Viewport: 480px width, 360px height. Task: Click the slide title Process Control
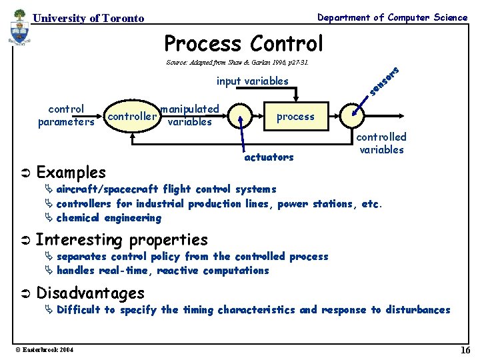243,43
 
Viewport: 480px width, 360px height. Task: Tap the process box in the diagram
295,117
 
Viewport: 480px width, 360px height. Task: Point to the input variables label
253,81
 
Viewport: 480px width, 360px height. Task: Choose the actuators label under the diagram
269,157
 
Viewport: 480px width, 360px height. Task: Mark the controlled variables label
381,143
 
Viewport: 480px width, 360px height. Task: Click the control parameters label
66,115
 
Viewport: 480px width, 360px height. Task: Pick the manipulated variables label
190,115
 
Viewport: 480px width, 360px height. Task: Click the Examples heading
71,173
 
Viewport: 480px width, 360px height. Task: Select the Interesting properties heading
121,239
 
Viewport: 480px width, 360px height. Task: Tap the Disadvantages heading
90,293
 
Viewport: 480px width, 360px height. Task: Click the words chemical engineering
109,218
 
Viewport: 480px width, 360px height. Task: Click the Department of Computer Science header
392,17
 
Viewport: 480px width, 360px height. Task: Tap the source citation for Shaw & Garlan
237,63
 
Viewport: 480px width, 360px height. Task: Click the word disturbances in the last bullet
417,310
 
